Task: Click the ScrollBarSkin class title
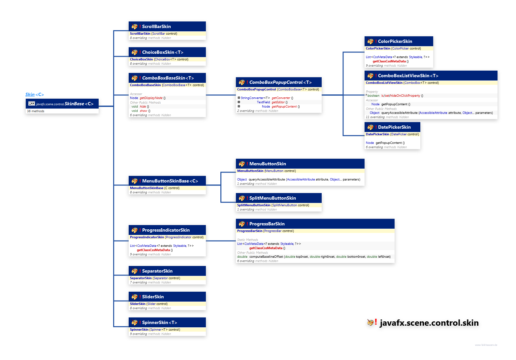click(x=156, y=26)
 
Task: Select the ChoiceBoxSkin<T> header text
click(x=162, y=52)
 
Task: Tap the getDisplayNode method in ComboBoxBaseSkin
click(x=151, y=98)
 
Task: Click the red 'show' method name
click(x=143, y=111)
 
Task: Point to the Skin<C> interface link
click(x=35, y=95)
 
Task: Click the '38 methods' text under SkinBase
click(x=36, y=111)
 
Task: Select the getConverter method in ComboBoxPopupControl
click(x=281, y=98)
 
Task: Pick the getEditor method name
click(x=278, y=102)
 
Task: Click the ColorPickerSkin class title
click(x=395, y=41)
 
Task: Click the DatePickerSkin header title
click(x=394, y=127)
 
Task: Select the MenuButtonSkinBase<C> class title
click(x=170, y=181)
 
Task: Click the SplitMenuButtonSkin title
click(x=273, y=198)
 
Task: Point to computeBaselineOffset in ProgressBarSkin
click(x=266, y=257)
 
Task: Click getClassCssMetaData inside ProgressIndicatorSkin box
click(x=153, y=250)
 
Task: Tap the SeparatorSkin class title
click(x=157, y=271)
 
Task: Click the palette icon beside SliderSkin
click(x=134, y=297)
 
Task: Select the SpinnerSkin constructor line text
click(x=155, y=330)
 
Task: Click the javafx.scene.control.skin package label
click(x=429, y=323)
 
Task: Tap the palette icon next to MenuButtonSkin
click(x=242, y=164)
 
